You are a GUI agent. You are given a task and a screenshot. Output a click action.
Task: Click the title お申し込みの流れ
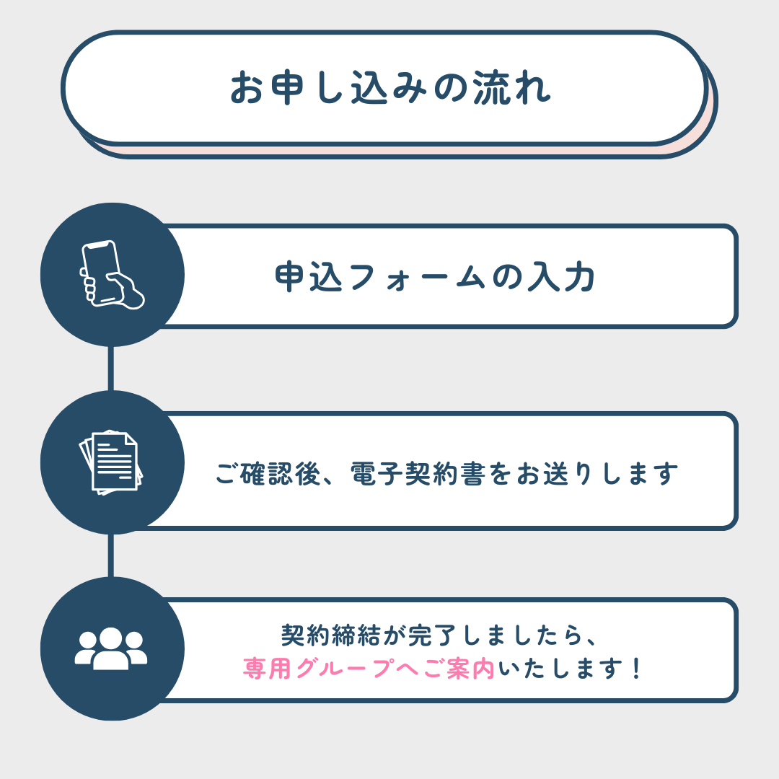tap(390, 88)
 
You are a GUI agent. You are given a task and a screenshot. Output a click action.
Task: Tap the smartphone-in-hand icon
tap(112, 275)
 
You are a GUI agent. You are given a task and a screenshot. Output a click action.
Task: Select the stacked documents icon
tap(111, 462)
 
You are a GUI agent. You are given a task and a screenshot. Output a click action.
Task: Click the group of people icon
tap(111, 648)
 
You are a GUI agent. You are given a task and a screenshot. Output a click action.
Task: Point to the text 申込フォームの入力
tap(435, 276)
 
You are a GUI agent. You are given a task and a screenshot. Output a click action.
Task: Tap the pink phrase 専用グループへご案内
tap(369, 668)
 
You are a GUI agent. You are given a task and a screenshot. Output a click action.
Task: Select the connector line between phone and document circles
tap(111, 369)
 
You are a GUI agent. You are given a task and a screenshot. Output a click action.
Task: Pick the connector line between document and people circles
tap(111, 556)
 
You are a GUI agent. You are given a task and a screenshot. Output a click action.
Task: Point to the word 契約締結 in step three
tap(331, 635)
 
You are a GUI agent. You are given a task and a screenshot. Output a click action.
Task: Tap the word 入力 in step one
tap(561, 276)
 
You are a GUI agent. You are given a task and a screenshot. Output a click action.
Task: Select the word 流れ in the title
tap(511, 88)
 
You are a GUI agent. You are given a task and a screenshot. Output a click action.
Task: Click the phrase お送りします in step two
tap(597, 473)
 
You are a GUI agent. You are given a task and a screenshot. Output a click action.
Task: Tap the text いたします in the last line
tap(560, 668)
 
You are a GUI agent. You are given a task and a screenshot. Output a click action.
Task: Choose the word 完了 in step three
tap(432, 635)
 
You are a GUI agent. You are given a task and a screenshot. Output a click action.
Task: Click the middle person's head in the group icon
tap(110, 638)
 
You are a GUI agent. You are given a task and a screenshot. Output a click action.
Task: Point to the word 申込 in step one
tap(309, 276)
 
